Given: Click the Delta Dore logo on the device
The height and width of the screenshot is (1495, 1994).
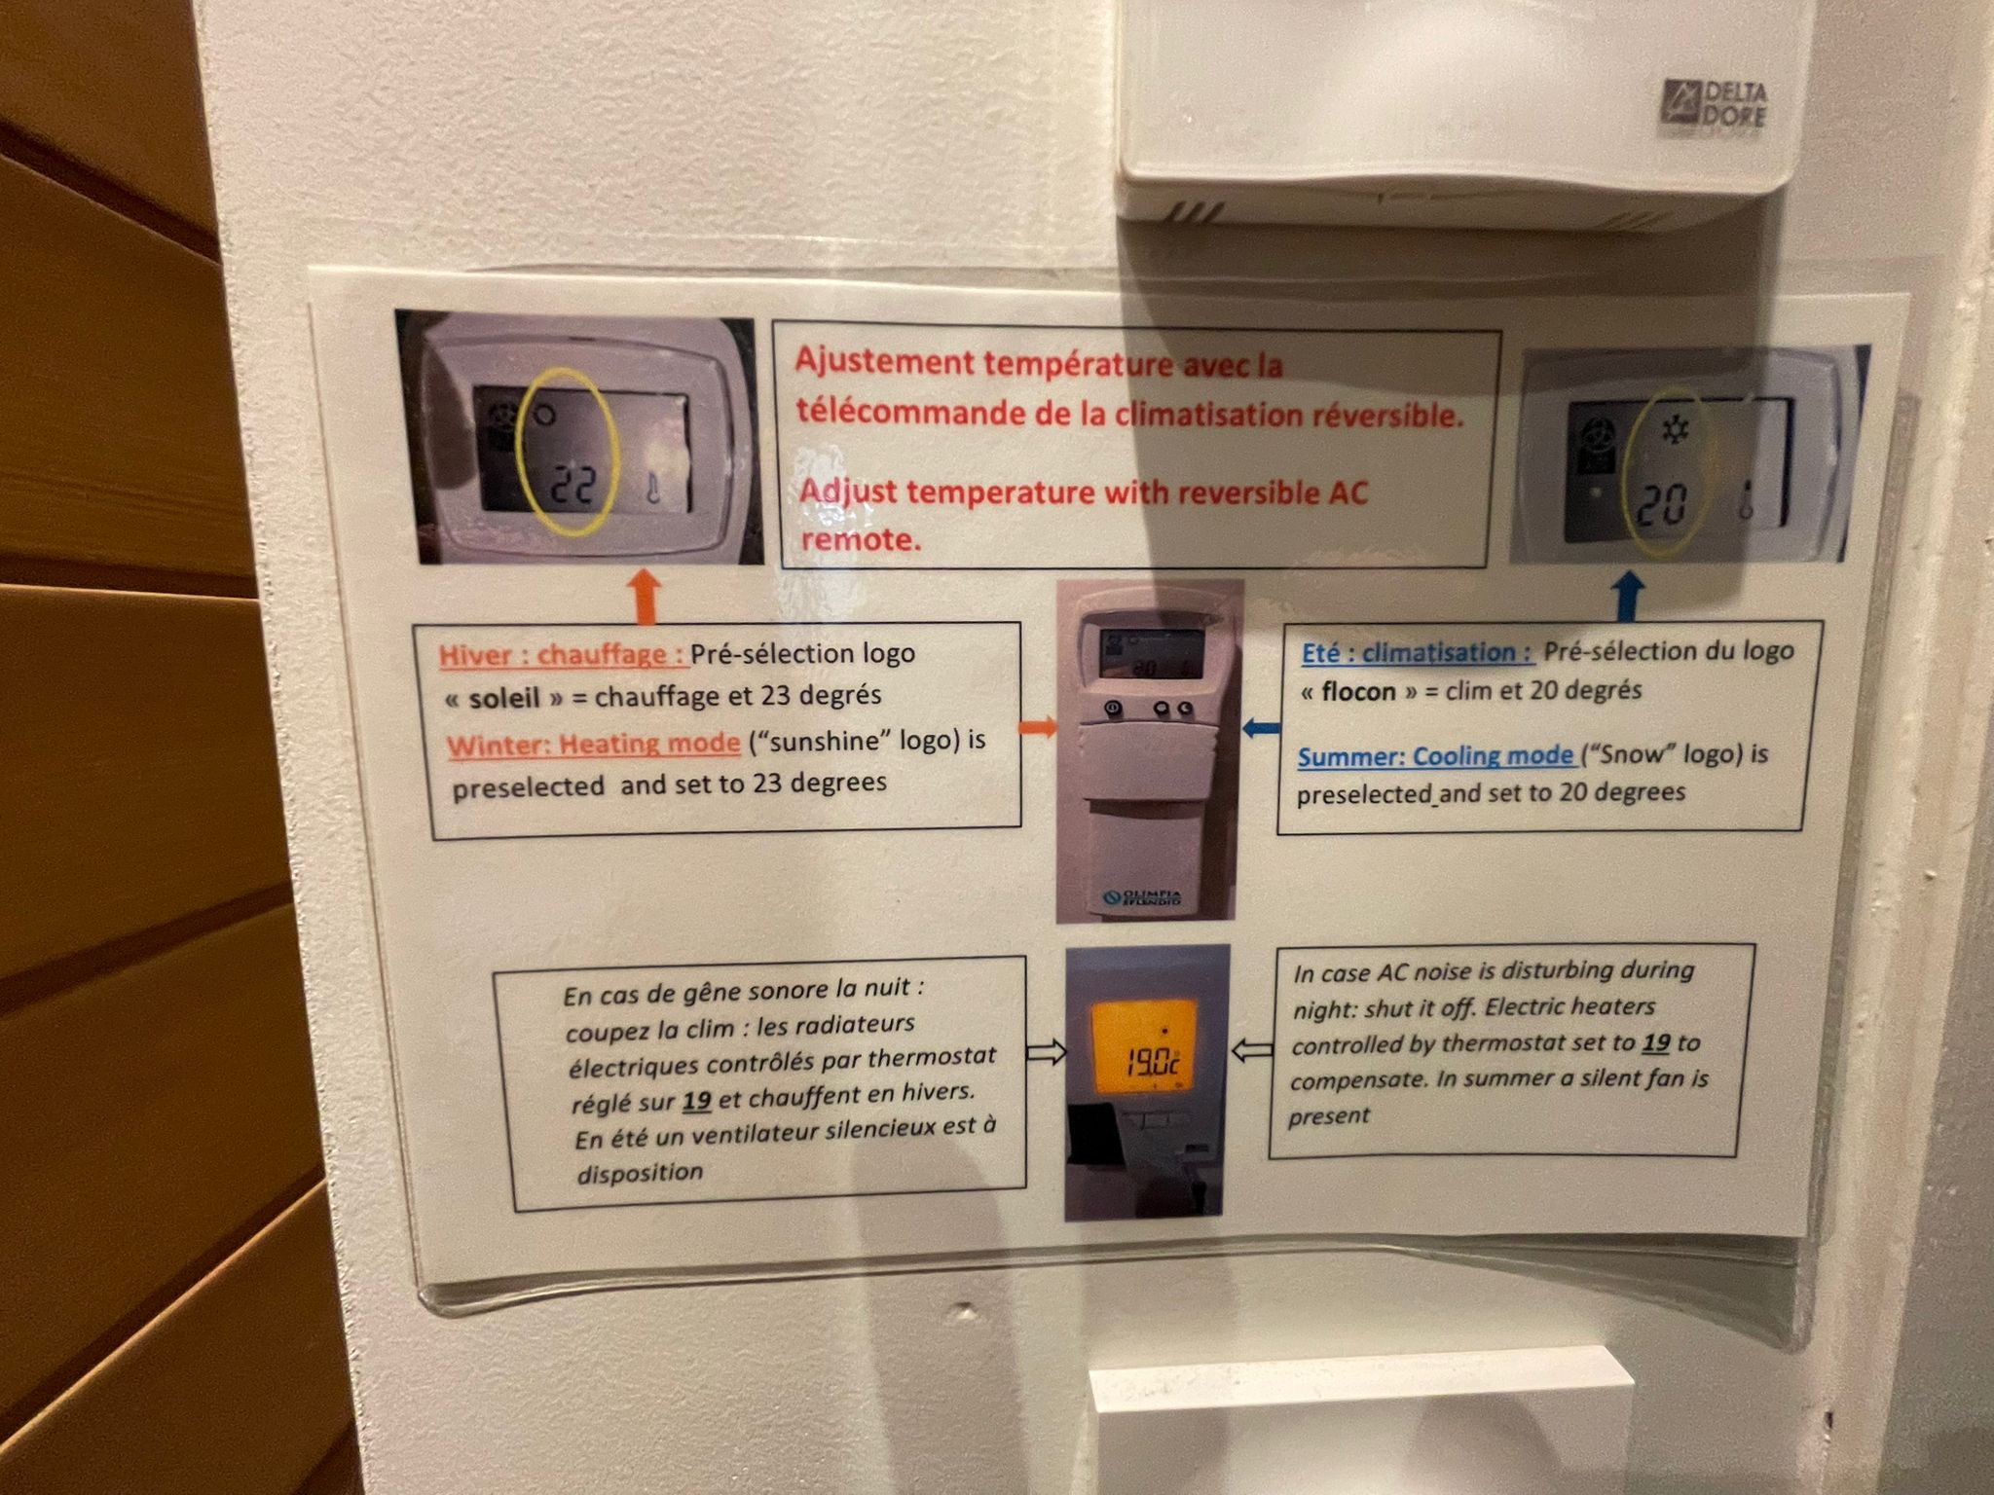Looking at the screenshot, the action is point(1713,103).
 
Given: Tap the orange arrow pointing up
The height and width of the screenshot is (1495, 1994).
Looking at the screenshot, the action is point(647,596).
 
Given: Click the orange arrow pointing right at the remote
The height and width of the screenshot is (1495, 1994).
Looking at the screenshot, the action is point(1037,726).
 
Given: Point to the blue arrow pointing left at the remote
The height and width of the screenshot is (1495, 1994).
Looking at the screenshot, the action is point(1262,726).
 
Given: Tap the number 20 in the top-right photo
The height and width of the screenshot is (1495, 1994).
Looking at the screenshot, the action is point(1660,504).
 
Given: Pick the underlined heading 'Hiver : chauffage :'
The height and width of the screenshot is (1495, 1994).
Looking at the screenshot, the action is point(564,655).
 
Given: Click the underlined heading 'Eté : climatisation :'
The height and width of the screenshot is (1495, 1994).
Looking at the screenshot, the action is point(1418,652).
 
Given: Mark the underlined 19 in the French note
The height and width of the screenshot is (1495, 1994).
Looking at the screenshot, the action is point(696,1101).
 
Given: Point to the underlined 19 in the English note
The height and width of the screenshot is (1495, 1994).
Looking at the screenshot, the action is point(1656,1042).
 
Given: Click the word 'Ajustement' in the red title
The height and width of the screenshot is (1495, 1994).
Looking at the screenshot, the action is point(884,362).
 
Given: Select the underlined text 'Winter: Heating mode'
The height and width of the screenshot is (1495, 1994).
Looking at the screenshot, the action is point(594,745).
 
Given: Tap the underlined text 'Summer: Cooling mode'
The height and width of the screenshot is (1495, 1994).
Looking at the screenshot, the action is point(1435,756).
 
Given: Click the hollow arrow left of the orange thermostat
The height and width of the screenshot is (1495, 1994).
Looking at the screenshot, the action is point(1047,1052).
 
